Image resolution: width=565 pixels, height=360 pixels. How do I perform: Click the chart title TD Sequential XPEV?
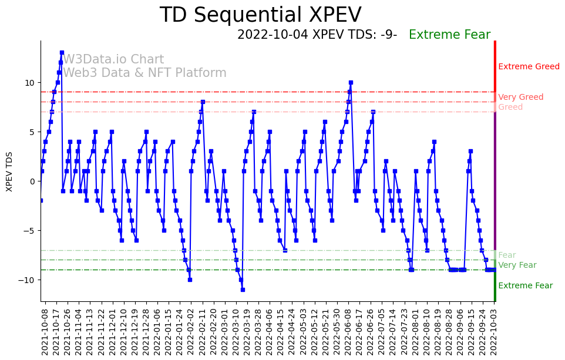point(260,15)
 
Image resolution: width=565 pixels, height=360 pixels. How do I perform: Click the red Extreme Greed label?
point(529,67)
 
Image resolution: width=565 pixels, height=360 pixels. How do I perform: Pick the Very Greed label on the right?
point(520,97)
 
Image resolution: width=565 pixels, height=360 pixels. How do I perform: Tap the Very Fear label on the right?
point(517,265)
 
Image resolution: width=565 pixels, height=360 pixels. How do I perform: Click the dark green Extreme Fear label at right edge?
point(525,286)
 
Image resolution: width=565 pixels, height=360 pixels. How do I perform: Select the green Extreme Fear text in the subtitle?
point(449,35)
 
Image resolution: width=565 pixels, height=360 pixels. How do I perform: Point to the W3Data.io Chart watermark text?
point(113,60)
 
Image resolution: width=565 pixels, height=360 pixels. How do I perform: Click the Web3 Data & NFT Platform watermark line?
point(144,73)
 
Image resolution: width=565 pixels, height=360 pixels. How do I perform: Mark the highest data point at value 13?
point(62,53)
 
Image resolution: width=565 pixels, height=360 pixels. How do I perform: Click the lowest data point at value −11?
point(243,290)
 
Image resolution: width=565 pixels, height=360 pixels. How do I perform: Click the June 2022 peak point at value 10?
point(351,83)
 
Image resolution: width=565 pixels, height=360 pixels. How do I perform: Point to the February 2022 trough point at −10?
point(190,280)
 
